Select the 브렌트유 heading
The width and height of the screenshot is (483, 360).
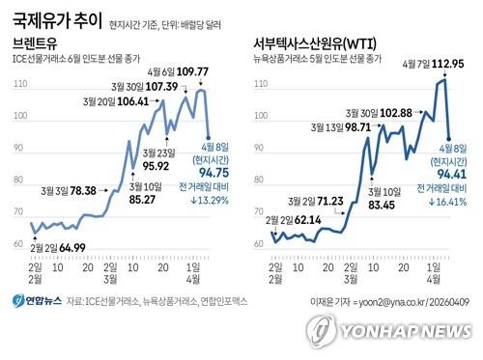coord(37,44)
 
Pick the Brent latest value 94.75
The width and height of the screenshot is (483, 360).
coord(214,173)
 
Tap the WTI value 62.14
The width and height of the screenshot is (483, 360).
coord(304,220)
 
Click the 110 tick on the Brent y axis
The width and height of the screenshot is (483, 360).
coord(18,85)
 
